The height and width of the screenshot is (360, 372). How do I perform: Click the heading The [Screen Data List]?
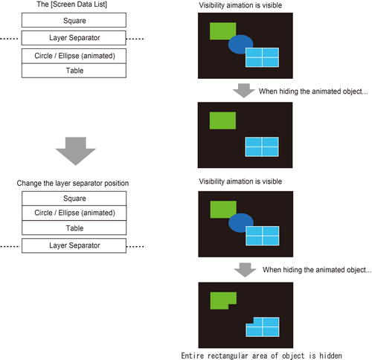click(x=74, y=6)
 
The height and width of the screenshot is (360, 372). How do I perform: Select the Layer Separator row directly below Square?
click(x=74, y=37)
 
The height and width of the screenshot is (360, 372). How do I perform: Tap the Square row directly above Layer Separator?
click(x=74, y=20)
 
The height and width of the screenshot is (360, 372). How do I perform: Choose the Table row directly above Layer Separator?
click(x=74, y=228)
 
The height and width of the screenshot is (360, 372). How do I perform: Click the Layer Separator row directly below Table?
click(x=74, y=245)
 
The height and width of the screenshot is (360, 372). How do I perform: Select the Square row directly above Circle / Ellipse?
click(x=74, y=199)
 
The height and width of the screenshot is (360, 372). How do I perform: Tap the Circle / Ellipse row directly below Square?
click(x=74, y=213)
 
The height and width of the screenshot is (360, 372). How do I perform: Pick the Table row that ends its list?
click(x=74, y=71)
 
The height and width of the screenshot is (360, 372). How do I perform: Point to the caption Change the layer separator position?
click(x=74, y=183)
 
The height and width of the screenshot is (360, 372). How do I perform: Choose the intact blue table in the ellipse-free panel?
click(x=262, y=147)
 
